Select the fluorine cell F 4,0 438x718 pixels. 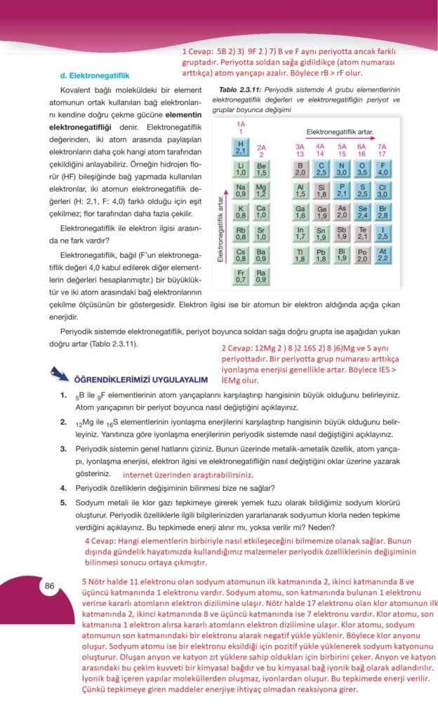pyautogui.click(x=383, y=168)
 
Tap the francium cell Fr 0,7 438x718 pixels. pyautogui.click(x=240, y=276)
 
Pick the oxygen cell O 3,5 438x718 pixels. pyautogui.click(x=362, y=168)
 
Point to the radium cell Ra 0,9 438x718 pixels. pyautogui.click(x=261, y=276)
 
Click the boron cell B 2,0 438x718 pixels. pyautogui.click(x=300, y=168)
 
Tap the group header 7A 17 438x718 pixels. pyautogui.click(x=383, y=150)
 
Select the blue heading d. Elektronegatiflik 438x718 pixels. pyautogui.click(x=95, y=74)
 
